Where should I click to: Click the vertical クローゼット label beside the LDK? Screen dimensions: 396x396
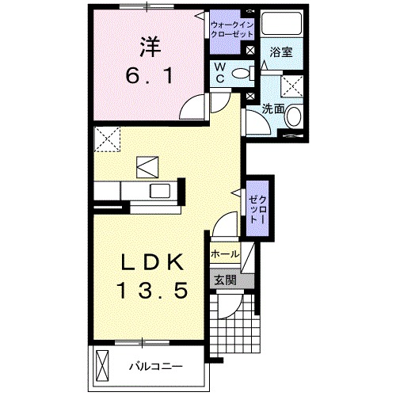coord(257,208)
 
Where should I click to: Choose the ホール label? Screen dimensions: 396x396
coord(225,254)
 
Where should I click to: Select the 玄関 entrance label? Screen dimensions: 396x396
coord(224,279)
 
